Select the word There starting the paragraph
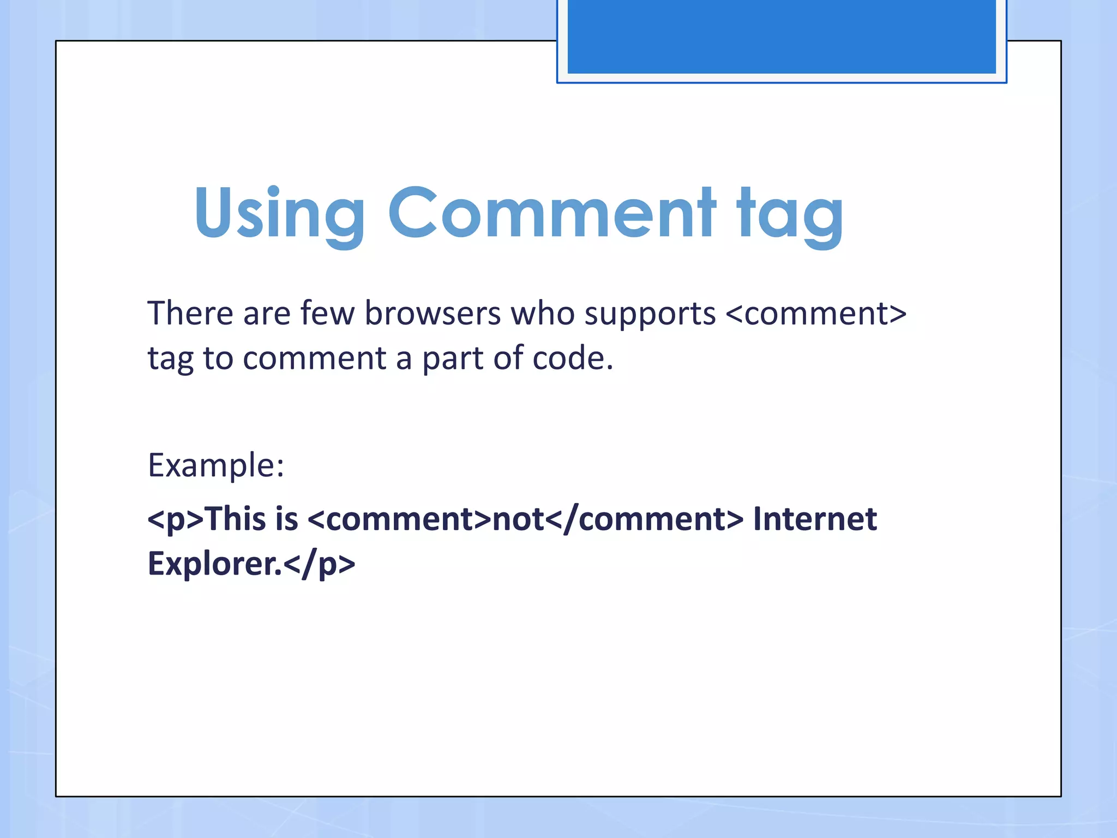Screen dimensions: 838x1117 tap(190, 314)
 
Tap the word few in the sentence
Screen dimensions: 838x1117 tap(327, 314)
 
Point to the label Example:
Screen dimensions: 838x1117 tap(216, 465)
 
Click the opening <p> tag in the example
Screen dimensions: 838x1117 tap(175, 519)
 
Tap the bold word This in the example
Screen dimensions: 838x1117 tap(237, 518)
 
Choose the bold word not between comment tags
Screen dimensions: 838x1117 tap(518, 519)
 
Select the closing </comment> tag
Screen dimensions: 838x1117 tap(644, 519)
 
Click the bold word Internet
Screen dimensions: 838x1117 tap(815, 518)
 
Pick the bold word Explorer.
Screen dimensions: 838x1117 tap(214, 564)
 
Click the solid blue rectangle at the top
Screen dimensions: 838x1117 tap(781, 36)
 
